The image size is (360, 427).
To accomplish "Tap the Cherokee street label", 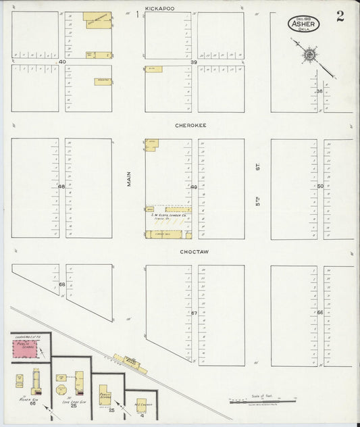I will pyautogui.click(x=190, y=125).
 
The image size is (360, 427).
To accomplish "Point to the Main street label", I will pyautogui.click(x=129, y=178).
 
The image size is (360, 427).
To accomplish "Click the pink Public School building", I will pyautogui.click(x=26, y=350).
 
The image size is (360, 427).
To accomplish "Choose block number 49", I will pyautogui.click(x=194, y=187).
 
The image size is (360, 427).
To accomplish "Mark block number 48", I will pyautogui.click(x=61, y=187).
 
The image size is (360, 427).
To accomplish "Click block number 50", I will pyautogui.click(x=320, y=186).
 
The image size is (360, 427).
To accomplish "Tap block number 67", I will pyautogui.click(x=194, y=313).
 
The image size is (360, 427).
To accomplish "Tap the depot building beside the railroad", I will pyautogui.click(x=126, y=360).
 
